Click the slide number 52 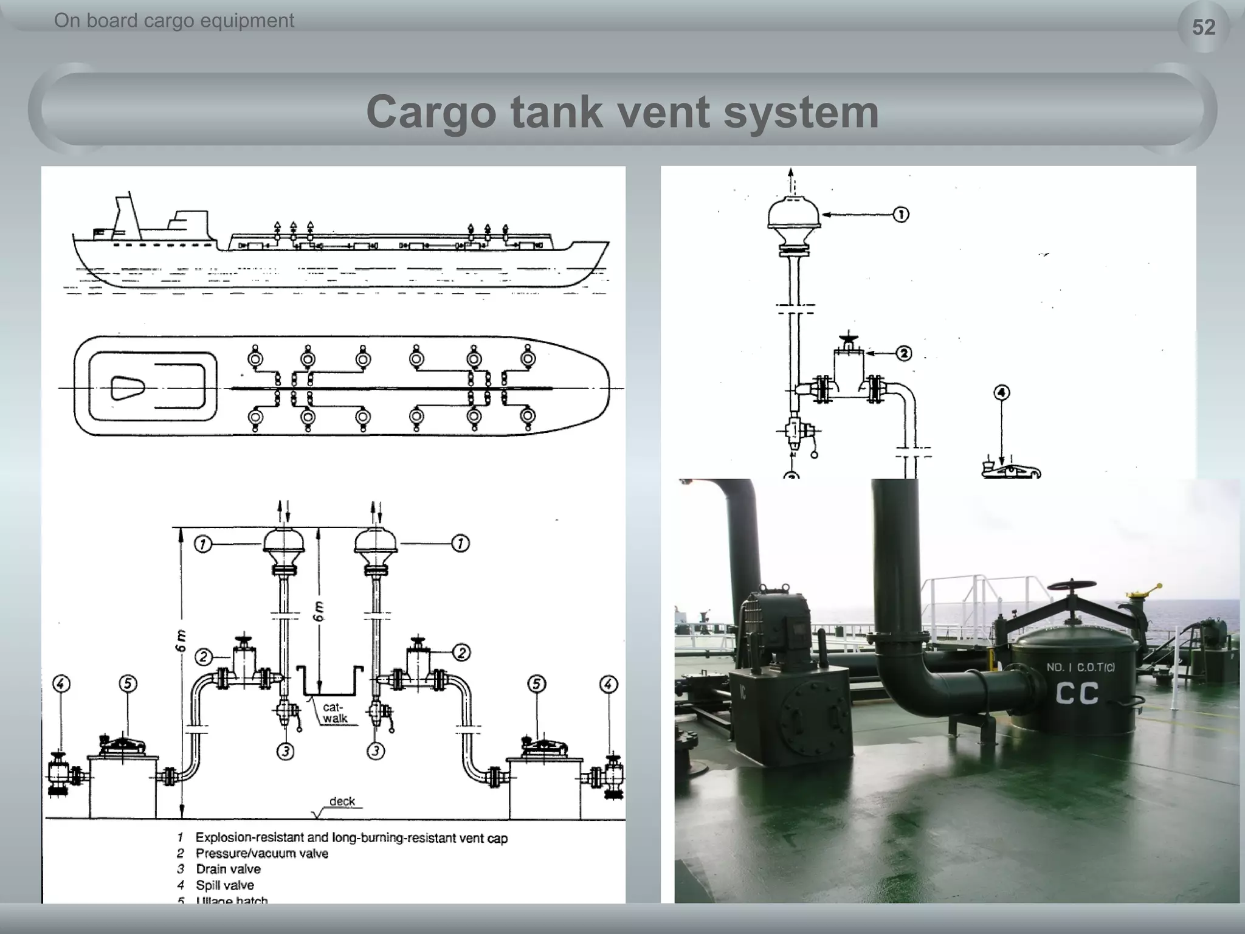(1203, 27)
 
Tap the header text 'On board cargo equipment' (174, 21)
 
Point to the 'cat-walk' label (334, 713)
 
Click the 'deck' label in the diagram (342, 801)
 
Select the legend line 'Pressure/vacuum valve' (261, 853)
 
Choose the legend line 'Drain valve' (228, 869)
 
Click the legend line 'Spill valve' (224, 885)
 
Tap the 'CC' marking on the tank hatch (1077, 694)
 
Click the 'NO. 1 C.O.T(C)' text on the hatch (1080, 667)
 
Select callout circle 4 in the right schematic (1002, 393)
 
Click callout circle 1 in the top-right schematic (901, 215)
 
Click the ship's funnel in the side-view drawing (127, 216)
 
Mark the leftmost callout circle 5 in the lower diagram (128, 684)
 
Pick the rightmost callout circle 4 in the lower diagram (609, 685)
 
